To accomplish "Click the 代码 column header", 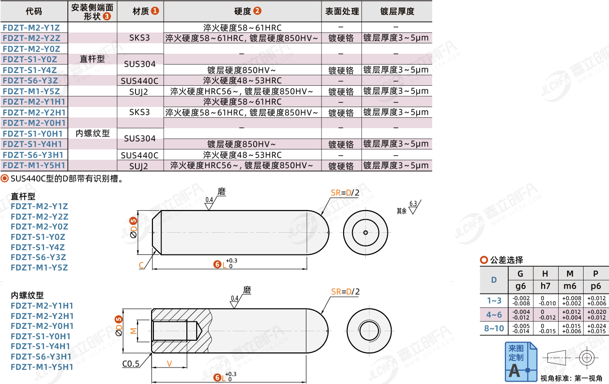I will click(x=34, y=11).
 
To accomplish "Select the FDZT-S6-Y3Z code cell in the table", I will click(x=31, y=81).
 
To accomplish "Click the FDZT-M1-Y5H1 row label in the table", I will click(x=34, y=165).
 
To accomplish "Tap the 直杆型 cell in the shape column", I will click(x=92, y=59).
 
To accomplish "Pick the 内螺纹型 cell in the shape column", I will click(x=92, y=133).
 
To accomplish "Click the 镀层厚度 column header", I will click(x=397, y=11).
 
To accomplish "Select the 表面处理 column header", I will click(x=342, y=11).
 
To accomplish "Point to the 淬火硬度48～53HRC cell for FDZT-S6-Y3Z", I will click(x=242, y=81).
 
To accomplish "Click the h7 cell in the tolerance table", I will click(x=545, y=286).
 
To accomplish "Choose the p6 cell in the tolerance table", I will click(x=595, y=286).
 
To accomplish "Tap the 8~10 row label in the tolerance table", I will click(x=494, y=328).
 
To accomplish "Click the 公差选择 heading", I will click(x=506, y=260).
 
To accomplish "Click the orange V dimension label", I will click(x=169, y=364).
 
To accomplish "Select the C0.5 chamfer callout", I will click(x=130, y=364).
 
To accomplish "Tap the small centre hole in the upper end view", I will click(x=366, y=232).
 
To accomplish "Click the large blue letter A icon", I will click(x=515, y=370).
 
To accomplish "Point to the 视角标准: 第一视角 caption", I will click(x=571, y=378).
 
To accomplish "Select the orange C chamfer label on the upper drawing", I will click(x=141, y=266).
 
